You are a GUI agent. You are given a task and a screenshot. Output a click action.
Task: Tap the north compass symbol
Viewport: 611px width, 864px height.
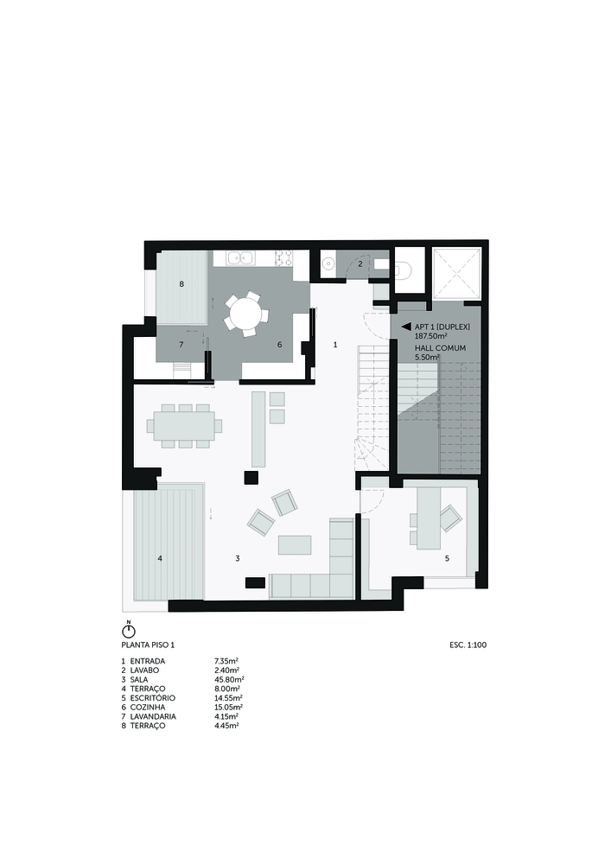(128, 631)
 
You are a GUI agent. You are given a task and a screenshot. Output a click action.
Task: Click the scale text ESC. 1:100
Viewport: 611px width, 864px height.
(468, 645)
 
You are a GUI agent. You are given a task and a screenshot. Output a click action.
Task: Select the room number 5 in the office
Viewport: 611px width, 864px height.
(447, 558)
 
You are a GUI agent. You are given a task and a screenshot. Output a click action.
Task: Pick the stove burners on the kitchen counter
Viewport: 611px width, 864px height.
(283, 257)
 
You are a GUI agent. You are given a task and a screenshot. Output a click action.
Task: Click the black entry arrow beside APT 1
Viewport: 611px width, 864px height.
(406, 327)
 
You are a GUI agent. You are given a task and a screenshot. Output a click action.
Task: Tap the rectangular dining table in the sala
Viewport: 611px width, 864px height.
(185, 426)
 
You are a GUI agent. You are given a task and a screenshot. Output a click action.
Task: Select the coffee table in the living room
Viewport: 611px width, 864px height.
(295, 544)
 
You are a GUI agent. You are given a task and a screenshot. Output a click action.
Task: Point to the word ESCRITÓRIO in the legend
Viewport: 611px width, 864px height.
(153, 697)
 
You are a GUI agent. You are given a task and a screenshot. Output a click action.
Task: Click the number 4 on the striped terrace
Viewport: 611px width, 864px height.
(160, 558)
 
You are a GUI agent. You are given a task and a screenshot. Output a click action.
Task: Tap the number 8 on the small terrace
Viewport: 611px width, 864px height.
(181, 284)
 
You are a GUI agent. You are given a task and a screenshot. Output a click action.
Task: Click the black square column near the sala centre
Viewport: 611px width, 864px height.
(251, 477)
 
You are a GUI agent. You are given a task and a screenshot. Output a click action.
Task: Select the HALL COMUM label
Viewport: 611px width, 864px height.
(440, 348)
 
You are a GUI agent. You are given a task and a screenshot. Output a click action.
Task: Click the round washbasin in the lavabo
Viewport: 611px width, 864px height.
(328, 264)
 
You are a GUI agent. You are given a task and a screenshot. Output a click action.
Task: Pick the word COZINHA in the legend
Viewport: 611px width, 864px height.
(147, 707)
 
